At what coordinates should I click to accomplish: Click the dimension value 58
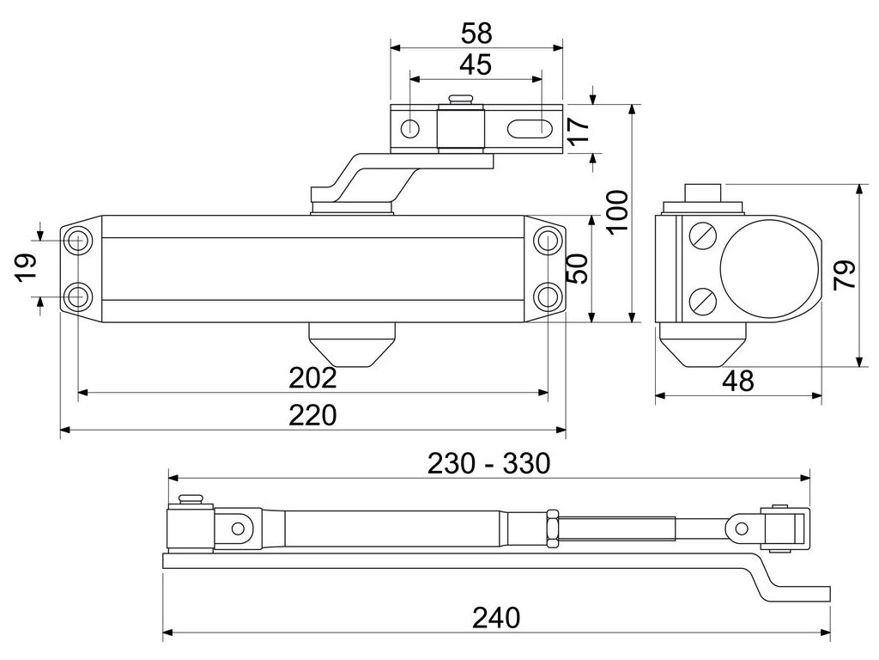476,34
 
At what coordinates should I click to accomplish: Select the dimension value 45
476,64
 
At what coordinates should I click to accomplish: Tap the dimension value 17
579,130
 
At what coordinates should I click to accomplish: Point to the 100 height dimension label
617,211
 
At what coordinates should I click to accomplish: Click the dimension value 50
578,269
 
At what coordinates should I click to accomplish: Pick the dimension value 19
27,266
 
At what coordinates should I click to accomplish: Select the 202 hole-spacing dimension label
312,378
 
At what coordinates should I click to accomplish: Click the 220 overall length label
312,415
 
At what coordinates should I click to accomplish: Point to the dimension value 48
737,381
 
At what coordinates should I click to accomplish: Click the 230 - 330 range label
488,463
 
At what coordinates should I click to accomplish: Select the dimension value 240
496,618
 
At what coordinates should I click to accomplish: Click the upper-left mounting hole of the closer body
76,241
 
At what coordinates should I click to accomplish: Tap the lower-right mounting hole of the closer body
546,296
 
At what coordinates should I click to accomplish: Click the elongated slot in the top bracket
528,129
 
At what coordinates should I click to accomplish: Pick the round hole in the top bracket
410,129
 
